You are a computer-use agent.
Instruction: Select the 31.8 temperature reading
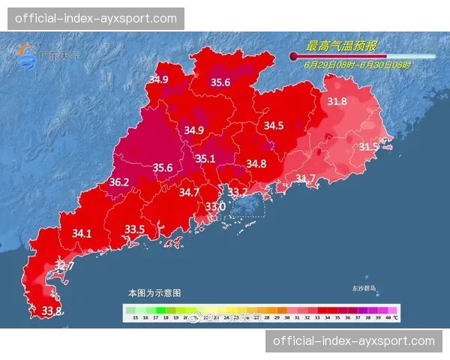pos(337,101)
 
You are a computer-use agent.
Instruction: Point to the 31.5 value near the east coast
pos(368,147)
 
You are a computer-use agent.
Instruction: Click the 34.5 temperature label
pos(273,126)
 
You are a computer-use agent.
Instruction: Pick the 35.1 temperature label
pos(205,159)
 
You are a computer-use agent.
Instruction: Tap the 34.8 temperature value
pos(256,163)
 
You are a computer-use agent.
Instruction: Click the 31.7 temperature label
pos(305,178)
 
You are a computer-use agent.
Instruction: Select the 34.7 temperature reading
pos(189,193)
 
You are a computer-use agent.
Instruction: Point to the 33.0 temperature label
pos(215,206)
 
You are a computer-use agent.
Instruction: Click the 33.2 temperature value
pos(238,193)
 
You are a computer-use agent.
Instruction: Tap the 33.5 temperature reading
pos(135,229)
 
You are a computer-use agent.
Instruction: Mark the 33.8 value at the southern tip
pos(52,310)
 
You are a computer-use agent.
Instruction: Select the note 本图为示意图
pos(154,292)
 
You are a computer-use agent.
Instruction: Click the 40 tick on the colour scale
pos(385,318)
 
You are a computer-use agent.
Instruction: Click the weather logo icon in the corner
pos(28,55)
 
